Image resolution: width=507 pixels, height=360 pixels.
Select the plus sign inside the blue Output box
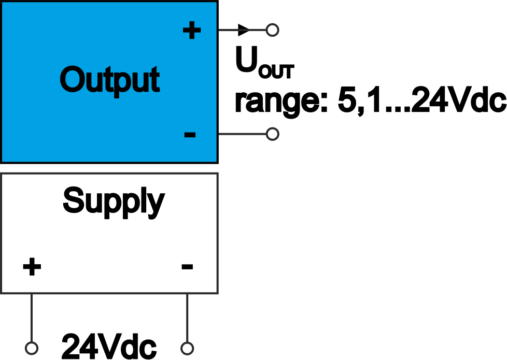191,31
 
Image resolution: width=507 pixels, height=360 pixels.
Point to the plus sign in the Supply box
32,267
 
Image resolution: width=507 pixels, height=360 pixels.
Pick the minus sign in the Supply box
187,267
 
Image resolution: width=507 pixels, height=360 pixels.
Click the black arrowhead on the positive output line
244,30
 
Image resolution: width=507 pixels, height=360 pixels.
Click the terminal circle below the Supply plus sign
32,348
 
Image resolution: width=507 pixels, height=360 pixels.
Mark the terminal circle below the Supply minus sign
187,348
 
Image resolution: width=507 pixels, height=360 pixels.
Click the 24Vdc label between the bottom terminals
109,345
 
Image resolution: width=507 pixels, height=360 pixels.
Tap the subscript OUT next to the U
275,71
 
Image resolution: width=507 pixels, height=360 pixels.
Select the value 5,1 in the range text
357,102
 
